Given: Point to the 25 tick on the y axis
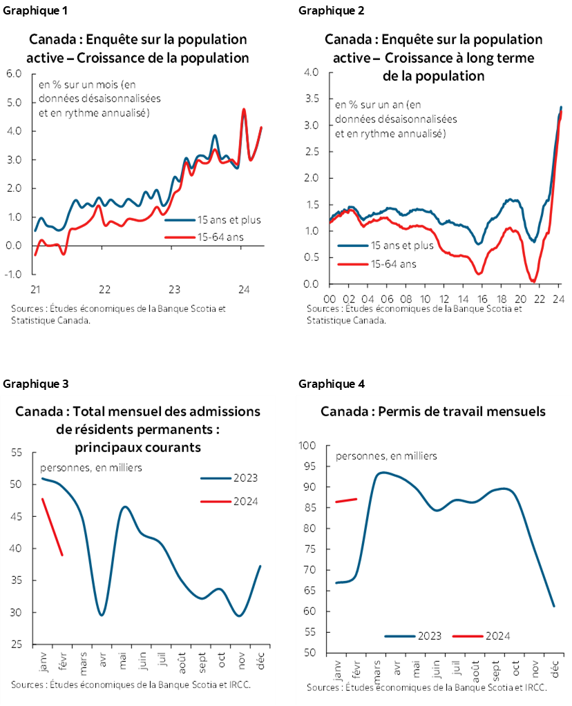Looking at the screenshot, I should [x=17, y=645].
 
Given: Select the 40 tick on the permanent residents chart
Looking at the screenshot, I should [x=17, y=549].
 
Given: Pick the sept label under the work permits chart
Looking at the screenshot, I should [x=495, y=670].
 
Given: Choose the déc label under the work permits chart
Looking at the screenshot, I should [x=555, y=669].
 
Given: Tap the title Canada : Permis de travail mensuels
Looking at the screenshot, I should [x=433, y=411].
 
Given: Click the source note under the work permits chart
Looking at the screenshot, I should [x=427, y=687].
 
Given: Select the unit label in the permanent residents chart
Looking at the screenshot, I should [x=92, y=467].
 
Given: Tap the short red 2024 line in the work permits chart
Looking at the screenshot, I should [x=346, y=500].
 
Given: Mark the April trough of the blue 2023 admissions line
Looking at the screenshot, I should [x=102, y=614].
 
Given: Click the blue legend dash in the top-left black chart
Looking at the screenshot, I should [x=180, y=220].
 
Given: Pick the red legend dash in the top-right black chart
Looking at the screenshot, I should [x=352, y=264].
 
